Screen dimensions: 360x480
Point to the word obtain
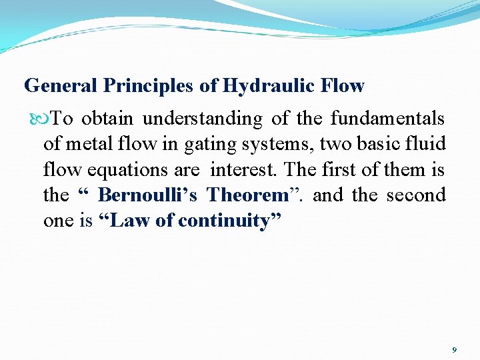pyautogui.click(x=107, y=119)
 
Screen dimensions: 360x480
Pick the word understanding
pyautogui.click(x=203, y=119)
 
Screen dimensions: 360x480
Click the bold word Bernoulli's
pyautogui.click(x=147, y=195)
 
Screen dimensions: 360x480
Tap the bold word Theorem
pyautogui.click(x=247, y=195)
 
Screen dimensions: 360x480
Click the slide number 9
pyautogui.click(x=454, y=350)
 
